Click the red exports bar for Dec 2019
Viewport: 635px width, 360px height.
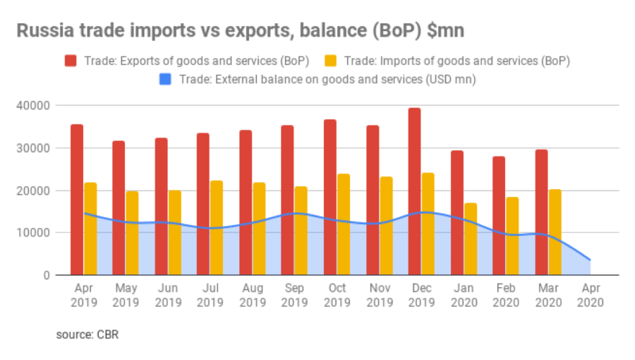[414, 191]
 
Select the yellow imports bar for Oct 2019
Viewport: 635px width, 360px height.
[344, 224]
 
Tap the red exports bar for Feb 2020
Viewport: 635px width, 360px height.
[499, 216]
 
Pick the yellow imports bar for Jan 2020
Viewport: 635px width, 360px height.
[471, 239]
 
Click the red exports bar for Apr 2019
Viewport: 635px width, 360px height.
[77, 200]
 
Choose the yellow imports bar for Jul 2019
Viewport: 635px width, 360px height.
[217, 227]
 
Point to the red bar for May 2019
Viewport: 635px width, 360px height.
[119, 208]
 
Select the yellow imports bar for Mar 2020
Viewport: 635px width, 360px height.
[555, 232]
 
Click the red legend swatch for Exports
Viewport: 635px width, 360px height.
[71, 61]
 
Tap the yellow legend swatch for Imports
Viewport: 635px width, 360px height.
[330, 61]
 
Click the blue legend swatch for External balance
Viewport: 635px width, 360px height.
[165, 79]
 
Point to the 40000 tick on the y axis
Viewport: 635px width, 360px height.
[33, 106]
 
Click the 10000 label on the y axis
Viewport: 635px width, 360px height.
[33, 233]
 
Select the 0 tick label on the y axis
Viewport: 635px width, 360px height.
[47, 275]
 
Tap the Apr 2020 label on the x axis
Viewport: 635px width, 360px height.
[591, 295]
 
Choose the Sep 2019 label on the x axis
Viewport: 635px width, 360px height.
[294, 295]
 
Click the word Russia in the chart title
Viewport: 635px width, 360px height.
[45, 31]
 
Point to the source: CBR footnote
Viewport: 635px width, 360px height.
[87, 335]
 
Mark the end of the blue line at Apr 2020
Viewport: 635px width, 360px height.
[590, 260]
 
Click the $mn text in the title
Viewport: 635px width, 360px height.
[445, 31]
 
